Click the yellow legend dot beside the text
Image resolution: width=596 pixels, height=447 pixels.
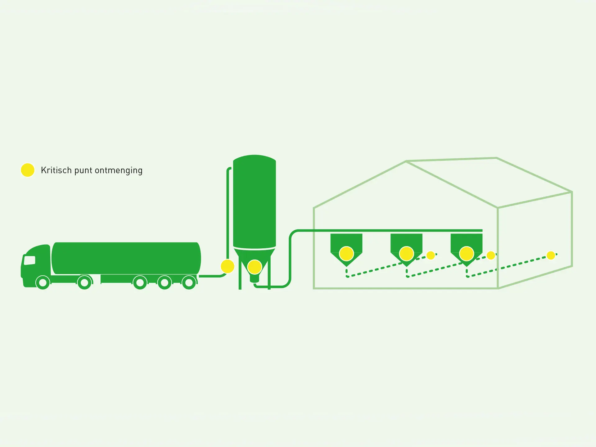28,170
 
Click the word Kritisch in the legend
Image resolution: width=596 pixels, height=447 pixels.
56,170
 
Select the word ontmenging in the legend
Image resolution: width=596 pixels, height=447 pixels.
119,170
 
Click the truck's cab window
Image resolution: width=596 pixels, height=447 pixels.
29,260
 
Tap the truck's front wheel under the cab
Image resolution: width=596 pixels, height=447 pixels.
43,282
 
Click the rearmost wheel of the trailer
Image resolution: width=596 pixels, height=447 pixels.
189,282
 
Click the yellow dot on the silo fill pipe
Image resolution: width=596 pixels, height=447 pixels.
228,266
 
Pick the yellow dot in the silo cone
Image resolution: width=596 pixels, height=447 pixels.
255,267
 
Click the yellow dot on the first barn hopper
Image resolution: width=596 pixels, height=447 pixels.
346,254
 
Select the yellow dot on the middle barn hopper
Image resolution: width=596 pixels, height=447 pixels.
406,254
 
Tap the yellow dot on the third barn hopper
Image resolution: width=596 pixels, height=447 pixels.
467,254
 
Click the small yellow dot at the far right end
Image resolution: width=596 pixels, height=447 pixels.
551,255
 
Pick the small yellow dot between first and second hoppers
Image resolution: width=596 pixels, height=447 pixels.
431,255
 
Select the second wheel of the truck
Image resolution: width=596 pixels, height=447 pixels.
84,282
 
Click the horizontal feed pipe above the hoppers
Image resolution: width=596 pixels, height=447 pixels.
388,231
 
